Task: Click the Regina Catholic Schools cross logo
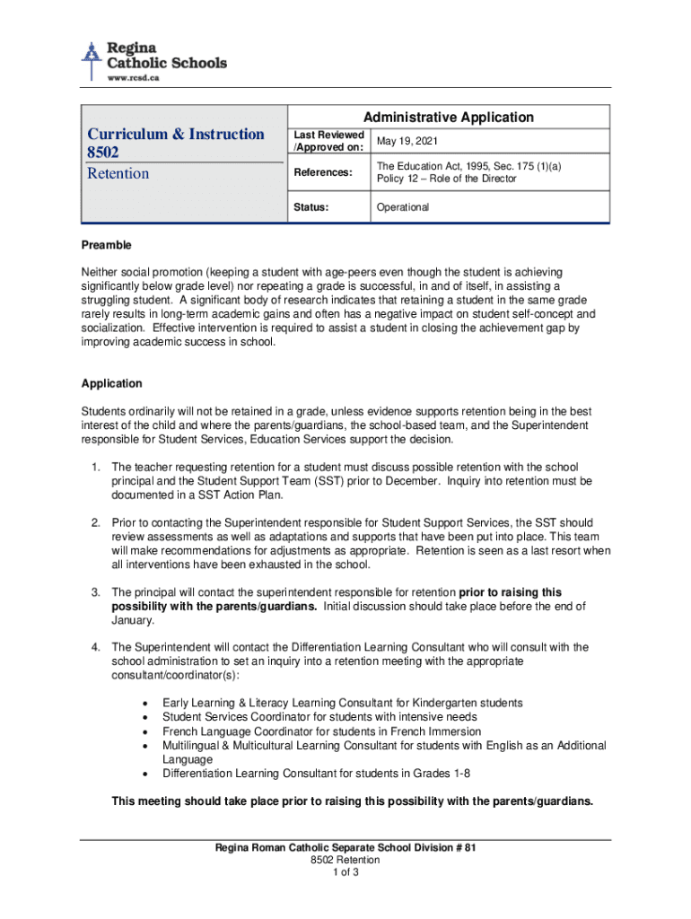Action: coord(91,58)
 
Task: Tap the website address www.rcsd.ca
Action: coord(135,78)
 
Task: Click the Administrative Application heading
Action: coord(448,118)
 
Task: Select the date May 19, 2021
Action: coord(408,142)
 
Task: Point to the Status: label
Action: coord(311,207)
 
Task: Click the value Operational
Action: coord(403,207)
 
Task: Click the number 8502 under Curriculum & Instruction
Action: coord(103,153)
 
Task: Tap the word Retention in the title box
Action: coord(118,173)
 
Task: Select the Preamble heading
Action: coord(107,245)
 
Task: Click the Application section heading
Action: coord(111,383)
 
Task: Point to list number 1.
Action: coord(95,468)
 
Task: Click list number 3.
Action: coord(95,592)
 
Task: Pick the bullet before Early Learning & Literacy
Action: coord(146,703)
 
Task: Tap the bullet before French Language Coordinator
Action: coord(146,731)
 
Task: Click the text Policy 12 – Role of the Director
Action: coord(446,179)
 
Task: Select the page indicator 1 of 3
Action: coord(345,872)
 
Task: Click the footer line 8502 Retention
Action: coord(345,860)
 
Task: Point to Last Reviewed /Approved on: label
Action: coord(328,141)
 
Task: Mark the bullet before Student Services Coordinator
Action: coord(146,717)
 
